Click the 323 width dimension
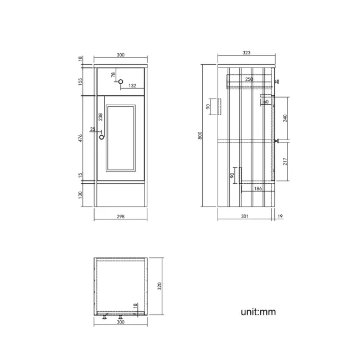pos(247,53)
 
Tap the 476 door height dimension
pos(81,139)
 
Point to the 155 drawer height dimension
pos(81,81)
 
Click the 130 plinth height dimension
pos(81,195)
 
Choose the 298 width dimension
pos(121,217)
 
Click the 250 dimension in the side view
pos(249,80)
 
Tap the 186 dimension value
pos(258,189)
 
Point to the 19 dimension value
pos(280,217)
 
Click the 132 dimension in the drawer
pos(132,86)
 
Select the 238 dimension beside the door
pos(100,117)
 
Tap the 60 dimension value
pos(266,102)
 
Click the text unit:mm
pos(258,312)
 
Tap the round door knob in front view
pos(101,137)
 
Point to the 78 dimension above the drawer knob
pos(114,75)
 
